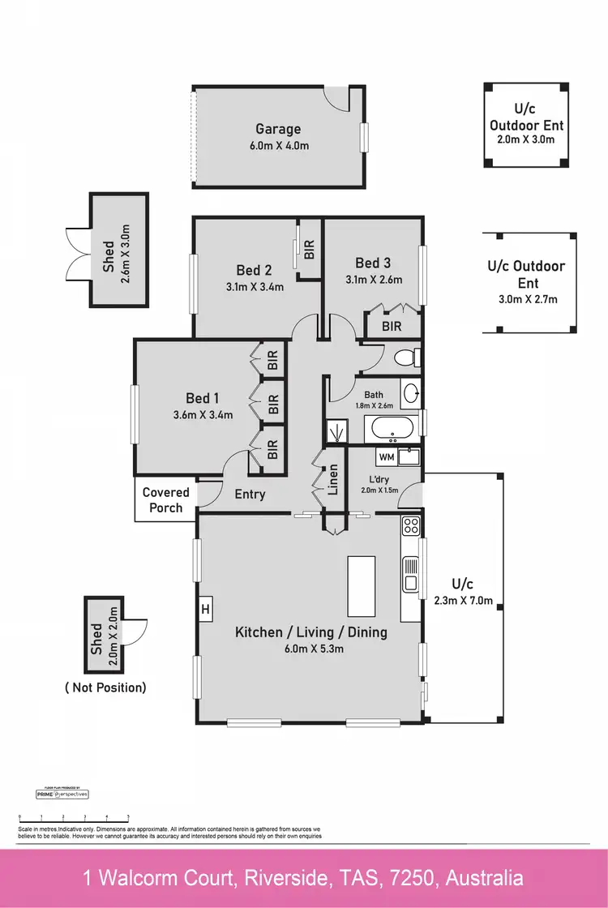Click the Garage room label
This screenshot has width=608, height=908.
[278, 129]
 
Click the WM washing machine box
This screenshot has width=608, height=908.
[387, 457]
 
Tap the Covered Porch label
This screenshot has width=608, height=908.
[165, 500]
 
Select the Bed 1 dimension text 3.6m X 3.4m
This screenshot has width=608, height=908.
[203, 415]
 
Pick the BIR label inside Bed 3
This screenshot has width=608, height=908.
[392, 327]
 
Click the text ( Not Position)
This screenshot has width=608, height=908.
[105, 687]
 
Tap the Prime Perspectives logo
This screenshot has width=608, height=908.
[62, 794]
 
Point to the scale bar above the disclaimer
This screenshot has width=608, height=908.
[74, 819]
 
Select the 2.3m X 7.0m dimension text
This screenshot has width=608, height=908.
[463, 602]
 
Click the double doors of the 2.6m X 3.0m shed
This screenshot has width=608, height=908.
[75, 251]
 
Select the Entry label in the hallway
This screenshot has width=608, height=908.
[250, 494]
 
